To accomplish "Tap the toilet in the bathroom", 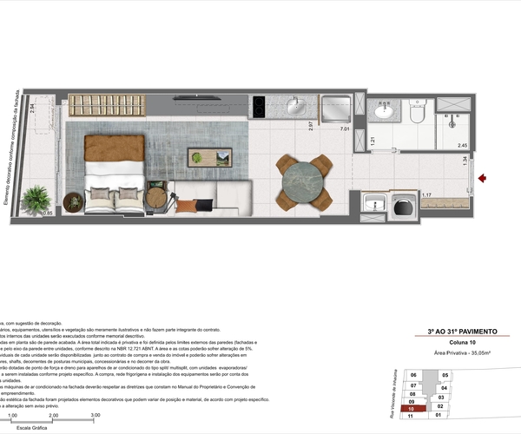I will (417, 113).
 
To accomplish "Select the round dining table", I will (304, 182).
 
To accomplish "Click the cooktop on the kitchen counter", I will (259, 107).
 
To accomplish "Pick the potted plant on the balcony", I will (35, 199).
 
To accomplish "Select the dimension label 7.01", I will (345, 129).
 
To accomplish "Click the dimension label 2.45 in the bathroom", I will (462, 146).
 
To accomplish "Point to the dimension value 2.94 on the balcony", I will (31, 108).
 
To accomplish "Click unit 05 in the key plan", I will (445, 375).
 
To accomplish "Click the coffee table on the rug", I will (209, 158).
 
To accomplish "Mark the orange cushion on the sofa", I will (187, 206).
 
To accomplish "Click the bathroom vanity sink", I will (382, 114).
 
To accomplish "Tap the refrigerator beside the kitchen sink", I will (333, 108).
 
